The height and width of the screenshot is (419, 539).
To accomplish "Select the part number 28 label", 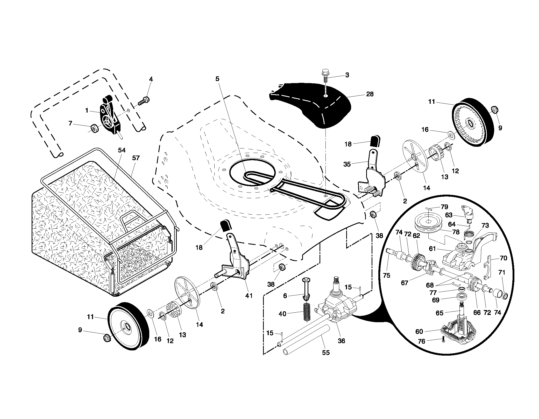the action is click(x=370, y=94).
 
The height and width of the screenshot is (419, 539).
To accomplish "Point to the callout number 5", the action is click(x=217, y=79).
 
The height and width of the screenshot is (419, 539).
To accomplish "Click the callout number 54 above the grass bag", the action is click(x=122, y=150).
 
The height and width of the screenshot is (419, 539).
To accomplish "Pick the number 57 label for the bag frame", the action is click(x=136, y=158).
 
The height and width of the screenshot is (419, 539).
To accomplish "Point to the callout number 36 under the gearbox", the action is click(x=342, y=341).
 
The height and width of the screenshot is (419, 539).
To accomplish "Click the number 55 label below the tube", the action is click(x=326, y=352).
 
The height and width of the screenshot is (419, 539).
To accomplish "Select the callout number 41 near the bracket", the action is click(x=249, y=296).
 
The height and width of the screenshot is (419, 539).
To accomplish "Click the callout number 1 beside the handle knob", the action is click(x=87, y=111).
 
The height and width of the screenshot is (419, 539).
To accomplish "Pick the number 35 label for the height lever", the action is click(x=347, y=164).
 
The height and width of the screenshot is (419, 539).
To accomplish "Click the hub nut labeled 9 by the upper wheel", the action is click(x=494, y=110).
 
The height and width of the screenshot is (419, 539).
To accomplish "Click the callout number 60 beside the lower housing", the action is click(x=419, y=332).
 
